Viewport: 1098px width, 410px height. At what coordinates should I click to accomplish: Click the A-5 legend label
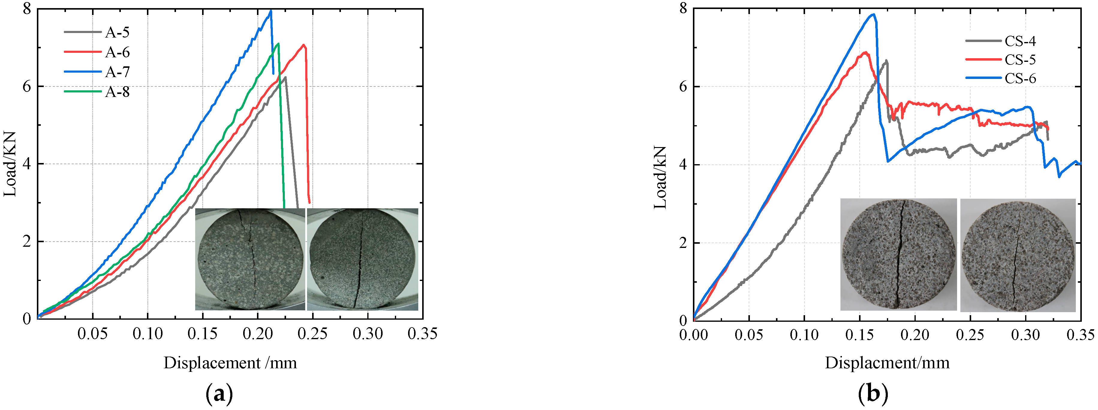coord(117,32)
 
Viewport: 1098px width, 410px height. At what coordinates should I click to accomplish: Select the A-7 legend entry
coord(117,72)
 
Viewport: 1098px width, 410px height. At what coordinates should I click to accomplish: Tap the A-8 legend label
coord(117,92)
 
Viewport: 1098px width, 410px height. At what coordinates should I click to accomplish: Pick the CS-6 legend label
coord(1020,79)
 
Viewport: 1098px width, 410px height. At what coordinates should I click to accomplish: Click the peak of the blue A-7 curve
coord(271,11)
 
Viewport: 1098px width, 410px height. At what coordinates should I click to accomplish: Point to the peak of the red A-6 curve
coord(303,45)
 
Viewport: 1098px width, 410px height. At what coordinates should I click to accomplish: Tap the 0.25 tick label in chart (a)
coord(312,334)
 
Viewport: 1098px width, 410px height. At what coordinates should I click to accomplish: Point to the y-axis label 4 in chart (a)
coord(27,164)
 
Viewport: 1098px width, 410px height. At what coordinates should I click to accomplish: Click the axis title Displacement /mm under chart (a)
coord(230,363)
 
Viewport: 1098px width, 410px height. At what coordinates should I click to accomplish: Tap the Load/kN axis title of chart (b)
coord(660,177)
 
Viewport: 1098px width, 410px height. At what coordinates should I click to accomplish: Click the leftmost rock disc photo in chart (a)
coord(250,259)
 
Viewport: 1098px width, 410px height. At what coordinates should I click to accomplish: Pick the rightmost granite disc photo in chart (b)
coord(1018,255)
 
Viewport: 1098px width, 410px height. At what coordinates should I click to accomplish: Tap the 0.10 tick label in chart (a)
coord(148,334)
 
